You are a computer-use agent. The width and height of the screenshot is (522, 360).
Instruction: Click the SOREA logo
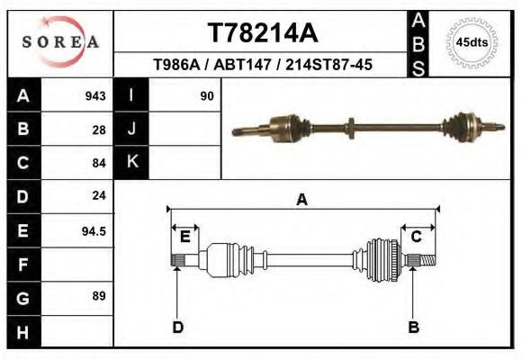tap(59, 42)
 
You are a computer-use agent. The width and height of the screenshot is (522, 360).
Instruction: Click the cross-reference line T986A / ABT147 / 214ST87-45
tap(263, 65)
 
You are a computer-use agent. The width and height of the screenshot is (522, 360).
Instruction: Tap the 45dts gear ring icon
tap(472, 42)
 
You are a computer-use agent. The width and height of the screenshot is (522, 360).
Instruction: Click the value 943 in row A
tap(95, 95)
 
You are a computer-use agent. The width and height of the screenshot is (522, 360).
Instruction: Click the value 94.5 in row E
tap(94, 230)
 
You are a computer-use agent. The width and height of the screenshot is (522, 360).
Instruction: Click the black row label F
tap(22, 265)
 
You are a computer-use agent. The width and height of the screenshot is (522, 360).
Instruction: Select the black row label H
tap(22, 331)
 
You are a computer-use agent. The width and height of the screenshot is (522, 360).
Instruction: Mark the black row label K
tap(131, 162)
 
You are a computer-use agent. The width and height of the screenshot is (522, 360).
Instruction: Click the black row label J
tap(131, 129)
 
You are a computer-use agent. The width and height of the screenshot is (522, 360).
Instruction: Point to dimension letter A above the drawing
tap(302, 200)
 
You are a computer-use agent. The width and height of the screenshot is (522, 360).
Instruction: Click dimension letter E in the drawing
tap(184, 237)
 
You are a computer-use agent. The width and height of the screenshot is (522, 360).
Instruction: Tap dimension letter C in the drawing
tap(417, 237)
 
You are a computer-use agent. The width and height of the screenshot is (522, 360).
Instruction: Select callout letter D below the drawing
tap(178, 327)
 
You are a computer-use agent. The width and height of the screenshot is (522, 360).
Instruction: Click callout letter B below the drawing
tap(414, 327)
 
